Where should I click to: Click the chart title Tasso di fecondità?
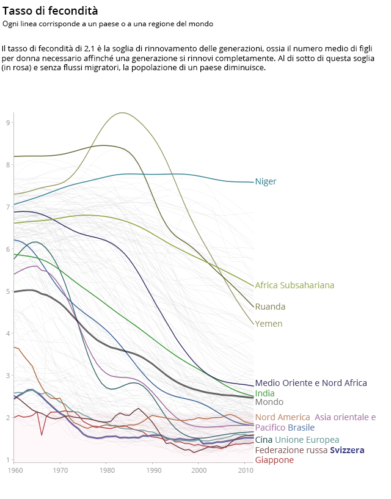click(50, 11)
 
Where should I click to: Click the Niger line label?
click(266, 181)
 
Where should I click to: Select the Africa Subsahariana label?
click(294, 285)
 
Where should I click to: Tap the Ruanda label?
click(270, 307)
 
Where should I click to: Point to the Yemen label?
click(269, 324)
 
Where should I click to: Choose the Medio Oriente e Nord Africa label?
click(311, 383)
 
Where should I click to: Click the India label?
click(265, 393)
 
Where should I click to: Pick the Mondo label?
click(269, 402)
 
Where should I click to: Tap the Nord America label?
click(282, 417)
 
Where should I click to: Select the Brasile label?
click(301, 428)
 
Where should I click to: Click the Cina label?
click(263, 440)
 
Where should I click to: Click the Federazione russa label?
click(291, 450)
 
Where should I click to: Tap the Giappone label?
click(274, 460)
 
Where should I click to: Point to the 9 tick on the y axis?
click(9, 123)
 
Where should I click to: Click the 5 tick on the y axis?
click(9, 291)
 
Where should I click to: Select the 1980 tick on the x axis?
click(106, 470)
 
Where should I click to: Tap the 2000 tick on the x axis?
click(199, 470)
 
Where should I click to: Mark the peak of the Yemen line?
click(123, 112)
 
